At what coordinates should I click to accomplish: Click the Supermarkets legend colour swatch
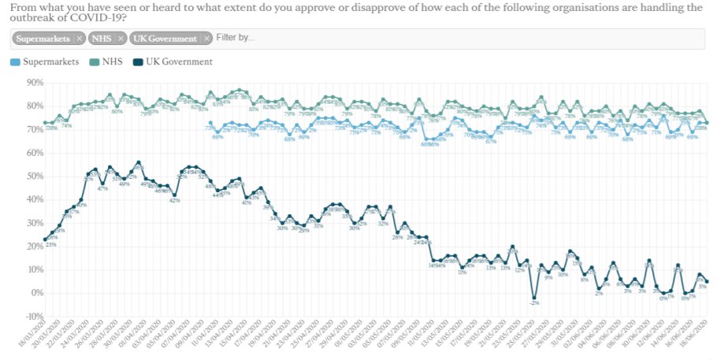coord(16,62)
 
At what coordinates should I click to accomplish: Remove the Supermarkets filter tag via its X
coord(79,38)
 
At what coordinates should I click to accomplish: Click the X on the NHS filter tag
coord(120,38)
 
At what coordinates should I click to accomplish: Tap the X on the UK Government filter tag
coord(206,38)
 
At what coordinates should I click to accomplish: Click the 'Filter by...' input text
coord(235,38)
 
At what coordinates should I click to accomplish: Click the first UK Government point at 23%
coord(46,239)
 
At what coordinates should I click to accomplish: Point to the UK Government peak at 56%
coord(139,162)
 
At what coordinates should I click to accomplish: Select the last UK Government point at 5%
coord(707,281)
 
